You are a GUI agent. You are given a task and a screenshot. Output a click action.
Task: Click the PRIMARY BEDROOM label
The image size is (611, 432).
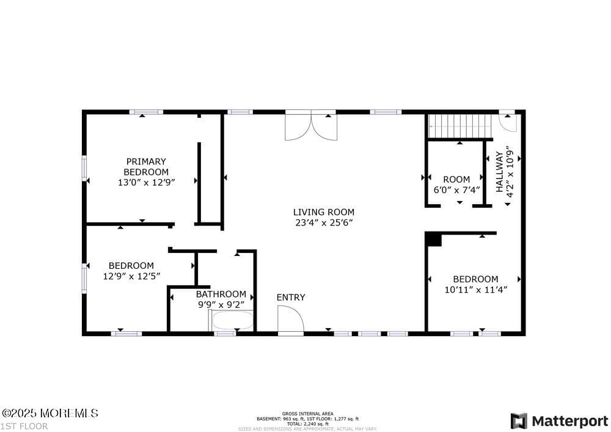click(146, 167)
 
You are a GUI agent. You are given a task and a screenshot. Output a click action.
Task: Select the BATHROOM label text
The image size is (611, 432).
click(221, 294)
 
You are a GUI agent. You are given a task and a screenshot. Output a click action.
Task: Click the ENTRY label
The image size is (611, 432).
click(291, 298)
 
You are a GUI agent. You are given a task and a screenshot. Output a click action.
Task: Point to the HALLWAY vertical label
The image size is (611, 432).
click(500, 173)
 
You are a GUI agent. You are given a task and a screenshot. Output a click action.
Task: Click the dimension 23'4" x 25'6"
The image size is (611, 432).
click(324, 223)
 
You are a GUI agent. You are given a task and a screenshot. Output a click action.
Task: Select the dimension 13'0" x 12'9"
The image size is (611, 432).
click(147, 182)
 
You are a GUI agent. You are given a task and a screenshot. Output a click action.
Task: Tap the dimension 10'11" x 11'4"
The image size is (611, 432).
click(476, 290)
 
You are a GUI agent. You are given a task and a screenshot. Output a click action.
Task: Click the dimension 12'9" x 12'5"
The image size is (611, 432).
click(131, 276)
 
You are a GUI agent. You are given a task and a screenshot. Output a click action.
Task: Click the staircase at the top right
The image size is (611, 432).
click(460, 126)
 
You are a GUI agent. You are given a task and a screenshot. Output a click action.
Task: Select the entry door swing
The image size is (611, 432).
click(290, 319)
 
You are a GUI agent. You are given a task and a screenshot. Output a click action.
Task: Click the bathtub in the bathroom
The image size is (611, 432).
click(232, 321)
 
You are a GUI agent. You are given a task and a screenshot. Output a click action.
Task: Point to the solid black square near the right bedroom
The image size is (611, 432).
click(434, 240)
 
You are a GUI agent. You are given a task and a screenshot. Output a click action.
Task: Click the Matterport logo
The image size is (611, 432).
click(560, 421)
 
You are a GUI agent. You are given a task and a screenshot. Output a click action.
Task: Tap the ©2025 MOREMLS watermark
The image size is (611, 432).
click(49, 414)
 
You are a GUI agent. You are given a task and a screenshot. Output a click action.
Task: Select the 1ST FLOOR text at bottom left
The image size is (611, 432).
click(24, 426)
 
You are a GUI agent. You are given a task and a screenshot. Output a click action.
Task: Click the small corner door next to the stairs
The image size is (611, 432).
click(507, 122)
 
